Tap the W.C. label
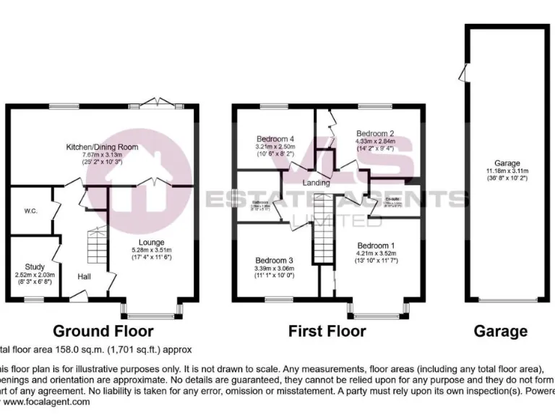point(30,211)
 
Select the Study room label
point(34,267)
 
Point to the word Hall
point(85,276)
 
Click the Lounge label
point(152,242)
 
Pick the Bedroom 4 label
point(275,138)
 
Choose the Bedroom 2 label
point(374,133)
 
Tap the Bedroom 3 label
point(275,261)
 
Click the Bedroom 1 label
point(376,245)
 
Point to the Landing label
point(317,182)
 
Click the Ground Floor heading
point(103,331)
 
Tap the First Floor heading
point(327,331)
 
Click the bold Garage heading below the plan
point(500,331)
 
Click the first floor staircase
point(322,243)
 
